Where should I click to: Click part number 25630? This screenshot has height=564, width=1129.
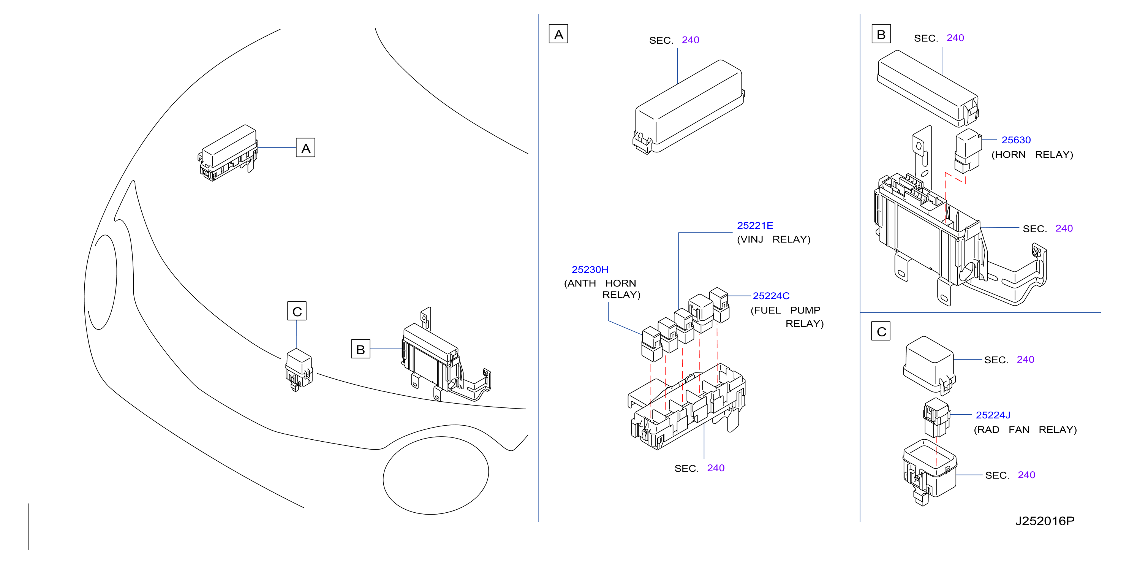[x=1015, y=140]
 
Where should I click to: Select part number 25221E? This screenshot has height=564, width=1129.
[x=755, y=225]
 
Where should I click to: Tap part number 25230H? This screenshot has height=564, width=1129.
[x=590, y=269]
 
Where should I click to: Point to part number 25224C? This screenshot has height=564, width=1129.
[x=771, y=296]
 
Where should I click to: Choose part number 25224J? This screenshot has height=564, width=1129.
[x=993, y=415]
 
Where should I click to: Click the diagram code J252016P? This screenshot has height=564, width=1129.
[x=1044, y=521]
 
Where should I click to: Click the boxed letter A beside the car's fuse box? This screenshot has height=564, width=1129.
[x=305, y=148]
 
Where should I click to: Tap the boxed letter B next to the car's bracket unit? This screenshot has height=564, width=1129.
[x=360, y=349]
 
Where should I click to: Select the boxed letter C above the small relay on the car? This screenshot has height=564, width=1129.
[x=297, y=311]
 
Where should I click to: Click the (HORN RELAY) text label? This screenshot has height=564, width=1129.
[x=1032, y=155]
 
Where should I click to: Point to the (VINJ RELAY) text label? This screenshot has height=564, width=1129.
[x=773, y=239]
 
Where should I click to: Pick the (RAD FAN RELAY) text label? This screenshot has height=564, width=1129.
[x=1025, y=430]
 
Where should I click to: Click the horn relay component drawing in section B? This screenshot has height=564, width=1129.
[x=968, y=151]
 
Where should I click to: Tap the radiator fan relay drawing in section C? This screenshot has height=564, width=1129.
[x=936, y=417]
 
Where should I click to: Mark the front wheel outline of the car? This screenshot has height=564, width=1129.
[x=436, y=475]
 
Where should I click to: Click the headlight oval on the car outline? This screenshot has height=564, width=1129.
[x=103, y=282]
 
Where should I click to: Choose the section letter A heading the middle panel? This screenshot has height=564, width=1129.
[x=558, y=34]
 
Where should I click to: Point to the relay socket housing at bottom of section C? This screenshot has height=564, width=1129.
[x=930, y=472]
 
